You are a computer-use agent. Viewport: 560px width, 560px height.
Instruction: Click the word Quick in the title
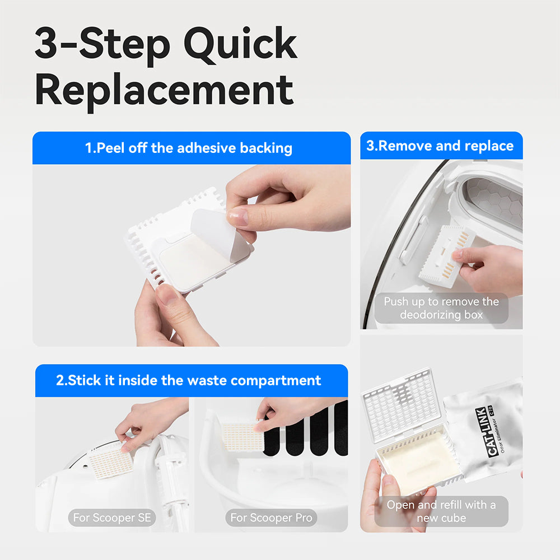coord(241,45)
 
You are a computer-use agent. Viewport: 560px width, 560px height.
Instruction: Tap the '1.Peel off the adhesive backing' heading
coord(189,148)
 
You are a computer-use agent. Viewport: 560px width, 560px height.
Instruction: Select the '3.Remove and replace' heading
coord(440,146)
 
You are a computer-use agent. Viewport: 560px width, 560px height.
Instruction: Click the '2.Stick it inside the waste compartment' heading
coord(189,381)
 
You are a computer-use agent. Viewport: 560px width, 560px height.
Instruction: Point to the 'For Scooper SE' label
coord(112,517)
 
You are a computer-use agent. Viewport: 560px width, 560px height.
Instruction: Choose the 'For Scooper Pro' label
coord(270,517)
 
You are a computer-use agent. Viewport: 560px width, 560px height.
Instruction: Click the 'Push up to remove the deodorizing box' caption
coord(441,308)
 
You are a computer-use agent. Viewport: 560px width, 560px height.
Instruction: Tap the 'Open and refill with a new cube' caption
coord(441,511)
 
